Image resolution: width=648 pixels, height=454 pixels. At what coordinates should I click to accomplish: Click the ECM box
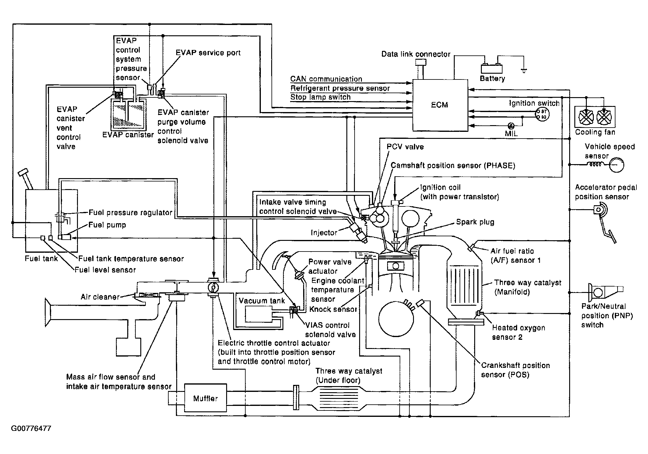440,105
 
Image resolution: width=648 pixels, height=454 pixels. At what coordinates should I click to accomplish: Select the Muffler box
205,398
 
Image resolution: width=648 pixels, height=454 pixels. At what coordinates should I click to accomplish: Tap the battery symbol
492,69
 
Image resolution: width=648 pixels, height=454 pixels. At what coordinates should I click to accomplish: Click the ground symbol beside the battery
524,71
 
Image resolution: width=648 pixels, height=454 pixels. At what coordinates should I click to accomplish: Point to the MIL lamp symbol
511,125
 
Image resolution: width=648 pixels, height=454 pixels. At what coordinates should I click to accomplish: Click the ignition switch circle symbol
542,114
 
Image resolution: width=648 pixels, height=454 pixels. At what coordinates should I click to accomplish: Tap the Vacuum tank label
262,301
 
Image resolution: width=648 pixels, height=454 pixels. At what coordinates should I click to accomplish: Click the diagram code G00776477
31,429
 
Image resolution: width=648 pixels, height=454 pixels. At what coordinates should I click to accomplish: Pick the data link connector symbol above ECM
421,69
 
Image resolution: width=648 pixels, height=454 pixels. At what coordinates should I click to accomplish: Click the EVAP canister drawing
128,113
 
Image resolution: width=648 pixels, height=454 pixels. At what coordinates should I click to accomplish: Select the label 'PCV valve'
405,147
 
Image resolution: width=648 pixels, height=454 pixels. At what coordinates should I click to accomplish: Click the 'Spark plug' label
475,222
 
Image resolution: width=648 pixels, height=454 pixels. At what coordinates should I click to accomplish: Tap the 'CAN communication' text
326,79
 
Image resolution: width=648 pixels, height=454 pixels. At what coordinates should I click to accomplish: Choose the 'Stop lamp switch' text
320,97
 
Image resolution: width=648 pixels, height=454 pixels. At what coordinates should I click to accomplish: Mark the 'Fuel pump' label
107,225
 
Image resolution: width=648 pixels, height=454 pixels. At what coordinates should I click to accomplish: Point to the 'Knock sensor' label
333,309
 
